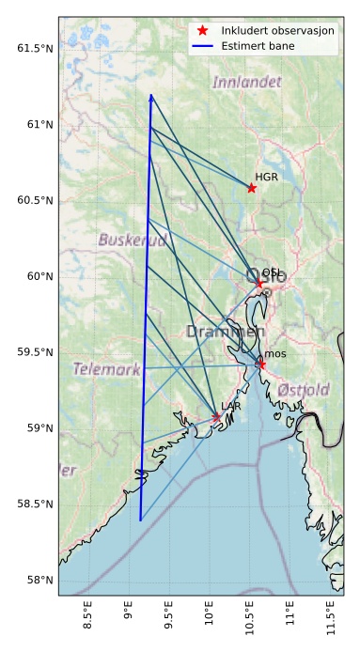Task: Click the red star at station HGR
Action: click(252, 188)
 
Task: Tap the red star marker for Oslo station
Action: click(259, 283)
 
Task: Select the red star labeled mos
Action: click(261, 365)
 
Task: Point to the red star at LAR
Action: click(216, 417)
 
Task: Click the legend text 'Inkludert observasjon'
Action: click(277, 30)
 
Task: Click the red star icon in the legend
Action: click(203, 30)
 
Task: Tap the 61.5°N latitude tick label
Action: click(35, 48)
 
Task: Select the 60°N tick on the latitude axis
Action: click(39, 276)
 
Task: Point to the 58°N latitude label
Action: click(39, 581)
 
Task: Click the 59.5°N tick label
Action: click(35, 352)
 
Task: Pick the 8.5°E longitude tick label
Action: click(87, 622)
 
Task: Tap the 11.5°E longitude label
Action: click(330, 622)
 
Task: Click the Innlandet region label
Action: click(246, 83)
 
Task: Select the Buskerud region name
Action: click(132, 241)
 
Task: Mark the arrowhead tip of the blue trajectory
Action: click(150, 95)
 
